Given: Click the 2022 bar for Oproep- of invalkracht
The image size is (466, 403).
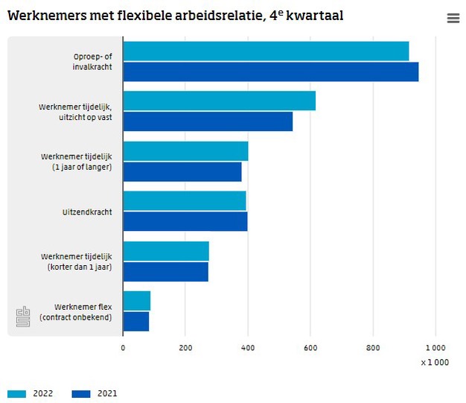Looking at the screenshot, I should pyautogui.click(x=266, y=51).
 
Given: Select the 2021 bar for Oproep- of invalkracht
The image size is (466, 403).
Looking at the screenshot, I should pyautogui.click(x=270, y=72).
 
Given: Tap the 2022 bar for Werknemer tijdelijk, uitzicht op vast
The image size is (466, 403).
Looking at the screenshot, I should pyautogui.click(x=219, y=101).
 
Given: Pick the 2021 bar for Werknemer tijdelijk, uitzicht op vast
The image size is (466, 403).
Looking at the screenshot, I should pyautogui.click(x=208, y=121).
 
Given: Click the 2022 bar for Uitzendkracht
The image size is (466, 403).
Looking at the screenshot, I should pyautogui.click(x=184, y=201).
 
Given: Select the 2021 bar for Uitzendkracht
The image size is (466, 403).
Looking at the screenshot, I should pyautogui.click(x=185, y=221).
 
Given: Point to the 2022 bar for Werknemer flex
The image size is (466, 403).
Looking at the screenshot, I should pyautogui.click(x=136, y=301).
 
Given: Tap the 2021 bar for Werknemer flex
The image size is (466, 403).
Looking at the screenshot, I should pyautogui.click(x=135, y=321).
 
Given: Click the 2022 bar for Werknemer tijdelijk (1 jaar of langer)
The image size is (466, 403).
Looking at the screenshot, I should pyautogui.click(x=185, y=151).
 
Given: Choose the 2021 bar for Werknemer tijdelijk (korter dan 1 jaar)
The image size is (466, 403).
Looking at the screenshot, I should pyautogui.click(x=165, y=271).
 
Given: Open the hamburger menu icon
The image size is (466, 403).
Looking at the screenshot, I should pyautogui.click(x=453, y=19).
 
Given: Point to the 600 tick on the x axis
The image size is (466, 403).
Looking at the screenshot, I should pyautogui.click(x=310, y=347).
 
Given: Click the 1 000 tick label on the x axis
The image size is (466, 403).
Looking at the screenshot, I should pyautogui.click(x=435, y=347).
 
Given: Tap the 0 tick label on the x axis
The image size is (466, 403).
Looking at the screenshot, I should pyautogui.click(x=123, y=347).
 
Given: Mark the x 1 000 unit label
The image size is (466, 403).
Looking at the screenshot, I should pyautogui.click(x=434, y=362).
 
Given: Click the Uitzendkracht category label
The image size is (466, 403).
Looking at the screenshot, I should pyautogui.click(x=87, y=212).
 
